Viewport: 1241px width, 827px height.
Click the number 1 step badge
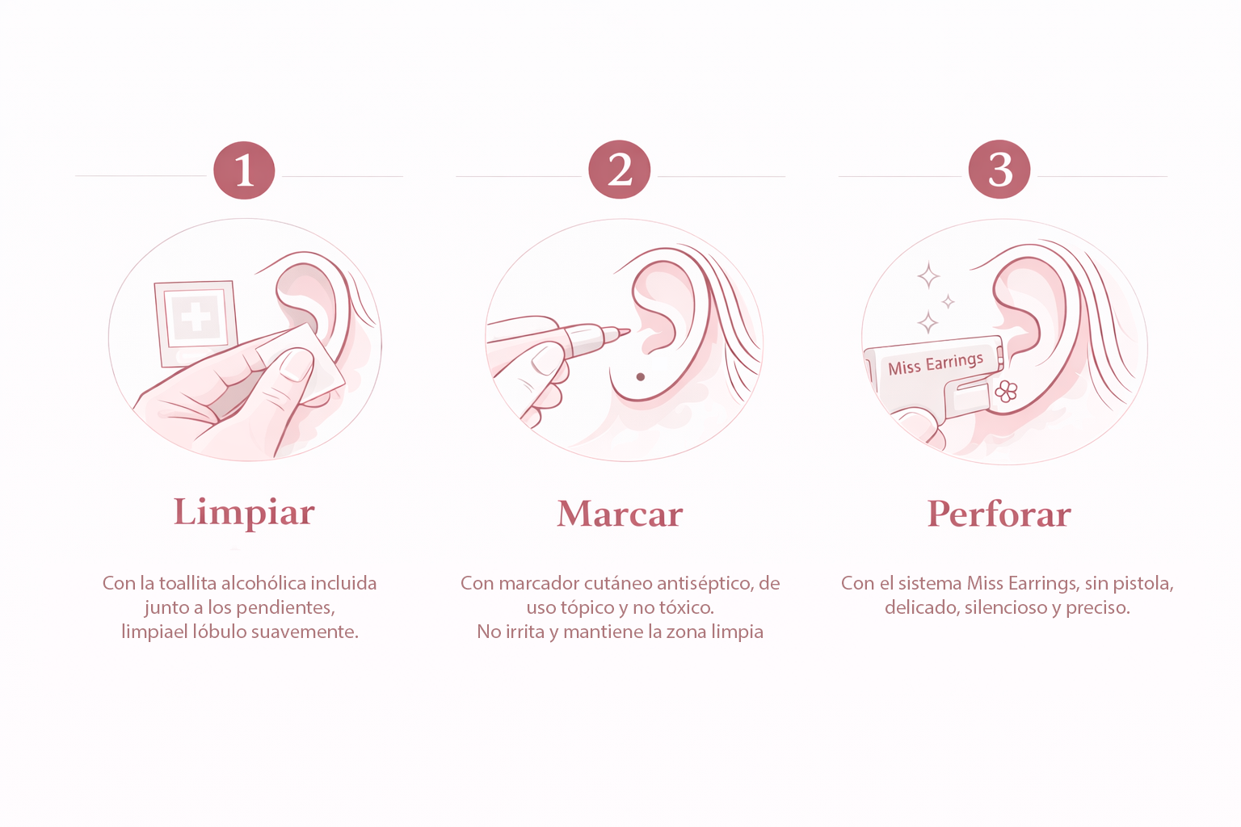click(x=244, y=170)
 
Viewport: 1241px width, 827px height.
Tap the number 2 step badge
click(x=619, y=170)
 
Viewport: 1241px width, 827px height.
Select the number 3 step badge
click(x=999, y=170)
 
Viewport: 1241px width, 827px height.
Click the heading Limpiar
click(x=244, y=512)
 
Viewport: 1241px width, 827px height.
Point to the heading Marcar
click(x=620, y=514)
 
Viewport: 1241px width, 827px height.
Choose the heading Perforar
click(x=999, y=514)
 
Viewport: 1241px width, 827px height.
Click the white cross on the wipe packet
click(x=196, y=315)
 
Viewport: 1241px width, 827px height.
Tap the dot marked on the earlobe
click(x=641, y=377)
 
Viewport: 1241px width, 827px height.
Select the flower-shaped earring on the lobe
click(x=1006, y=392)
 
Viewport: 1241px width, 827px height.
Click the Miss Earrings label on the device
click(x=936, y=364)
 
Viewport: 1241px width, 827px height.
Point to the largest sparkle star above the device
click(x=928, y=276)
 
